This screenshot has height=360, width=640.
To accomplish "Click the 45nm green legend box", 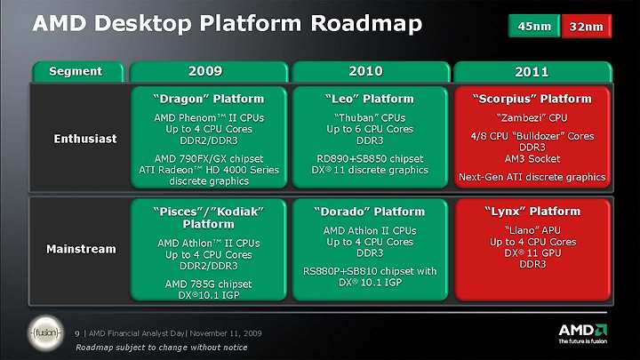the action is [534, 26].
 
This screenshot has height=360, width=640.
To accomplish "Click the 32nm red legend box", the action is [587, 26].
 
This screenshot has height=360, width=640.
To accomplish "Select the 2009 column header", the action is [209, 72].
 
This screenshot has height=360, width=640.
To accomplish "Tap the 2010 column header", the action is [371, 72].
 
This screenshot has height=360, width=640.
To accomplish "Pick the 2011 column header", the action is [532, 72].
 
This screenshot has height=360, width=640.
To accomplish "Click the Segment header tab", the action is [78, 72].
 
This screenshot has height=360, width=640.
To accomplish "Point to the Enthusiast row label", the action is [85, 139].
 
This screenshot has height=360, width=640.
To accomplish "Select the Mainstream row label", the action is [81, 249].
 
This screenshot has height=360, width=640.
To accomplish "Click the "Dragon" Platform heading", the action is [209, 99].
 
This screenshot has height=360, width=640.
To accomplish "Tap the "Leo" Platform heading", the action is [370, 99].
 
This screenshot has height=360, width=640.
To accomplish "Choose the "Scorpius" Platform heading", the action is [532, 99].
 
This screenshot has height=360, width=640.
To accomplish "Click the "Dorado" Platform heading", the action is [370, 212].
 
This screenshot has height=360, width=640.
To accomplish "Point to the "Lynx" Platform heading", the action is [532, 212].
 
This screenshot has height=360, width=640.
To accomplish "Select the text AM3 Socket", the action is [532, 159].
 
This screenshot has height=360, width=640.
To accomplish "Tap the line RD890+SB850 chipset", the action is [370, 159].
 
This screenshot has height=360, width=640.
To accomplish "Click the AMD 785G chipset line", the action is [209, 284].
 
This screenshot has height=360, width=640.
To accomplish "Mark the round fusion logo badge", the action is [45, 333].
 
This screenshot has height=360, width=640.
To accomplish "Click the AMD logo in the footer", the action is [582, 333].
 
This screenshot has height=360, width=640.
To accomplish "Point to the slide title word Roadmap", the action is [366, 24].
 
